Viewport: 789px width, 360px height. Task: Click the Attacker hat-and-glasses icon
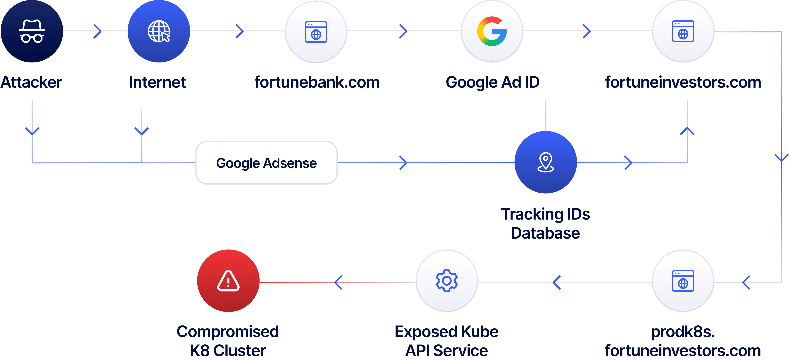pos(32,31)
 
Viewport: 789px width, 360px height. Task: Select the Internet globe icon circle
pos(159,31)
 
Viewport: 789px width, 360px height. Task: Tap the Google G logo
pos(492,31)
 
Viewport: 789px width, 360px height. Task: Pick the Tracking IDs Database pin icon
pos(545,162)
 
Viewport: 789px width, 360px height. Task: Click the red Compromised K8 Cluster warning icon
pos(228,281)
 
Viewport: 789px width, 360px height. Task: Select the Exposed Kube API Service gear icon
pos(447,281)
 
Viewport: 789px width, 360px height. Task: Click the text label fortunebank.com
pos(317,82)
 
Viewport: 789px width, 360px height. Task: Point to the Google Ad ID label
pos(493,82)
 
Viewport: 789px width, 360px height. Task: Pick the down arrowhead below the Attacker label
pos(32,131)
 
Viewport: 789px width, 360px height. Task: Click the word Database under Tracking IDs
pos(545,233)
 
